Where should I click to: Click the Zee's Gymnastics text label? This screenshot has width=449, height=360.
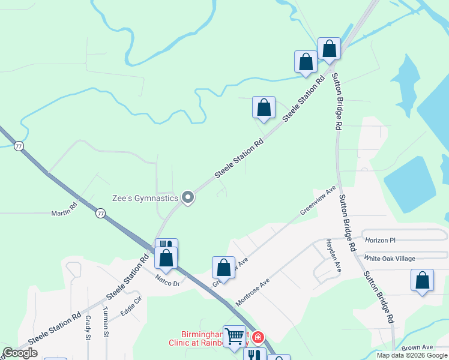tap(145, 198)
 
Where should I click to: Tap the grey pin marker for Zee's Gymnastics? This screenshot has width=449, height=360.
tap(188, 197)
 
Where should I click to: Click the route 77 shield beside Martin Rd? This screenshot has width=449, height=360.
tap(101, 213)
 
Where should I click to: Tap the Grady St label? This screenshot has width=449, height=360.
tap(88, 328)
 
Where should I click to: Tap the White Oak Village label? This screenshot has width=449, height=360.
tap(390, 259)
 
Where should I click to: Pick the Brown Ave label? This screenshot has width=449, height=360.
tap(417, 347)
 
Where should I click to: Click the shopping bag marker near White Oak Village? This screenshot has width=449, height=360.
tap(422, 281)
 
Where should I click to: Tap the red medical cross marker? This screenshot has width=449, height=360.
tap(258, 338)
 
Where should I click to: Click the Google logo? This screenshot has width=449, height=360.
tap(20, 353)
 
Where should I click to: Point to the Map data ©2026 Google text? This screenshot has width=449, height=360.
tap(412, 355)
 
